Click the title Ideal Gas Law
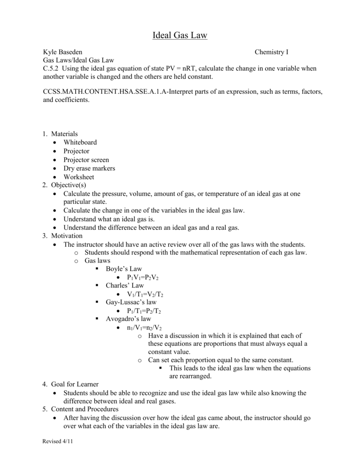tap(180, 35)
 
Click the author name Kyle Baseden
tap(63, 52)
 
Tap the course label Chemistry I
tap(271, 52)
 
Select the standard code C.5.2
tap(51, 68)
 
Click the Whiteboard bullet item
tap(80, 142)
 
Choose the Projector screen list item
tap(86, 160)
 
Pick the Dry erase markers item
tap(89, 168)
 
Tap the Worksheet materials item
tap(79, 177)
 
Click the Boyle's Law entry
tap(124, 269)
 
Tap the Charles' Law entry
tap(125, 286)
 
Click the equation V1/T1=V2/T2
tap(145, 294)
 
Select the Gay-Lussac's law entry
tap(131, 303)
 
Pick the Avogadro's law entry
tap(128, 319)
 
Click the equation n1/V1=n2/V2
tap(144, 328)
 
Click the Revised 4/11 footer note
tap(57, 442)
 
